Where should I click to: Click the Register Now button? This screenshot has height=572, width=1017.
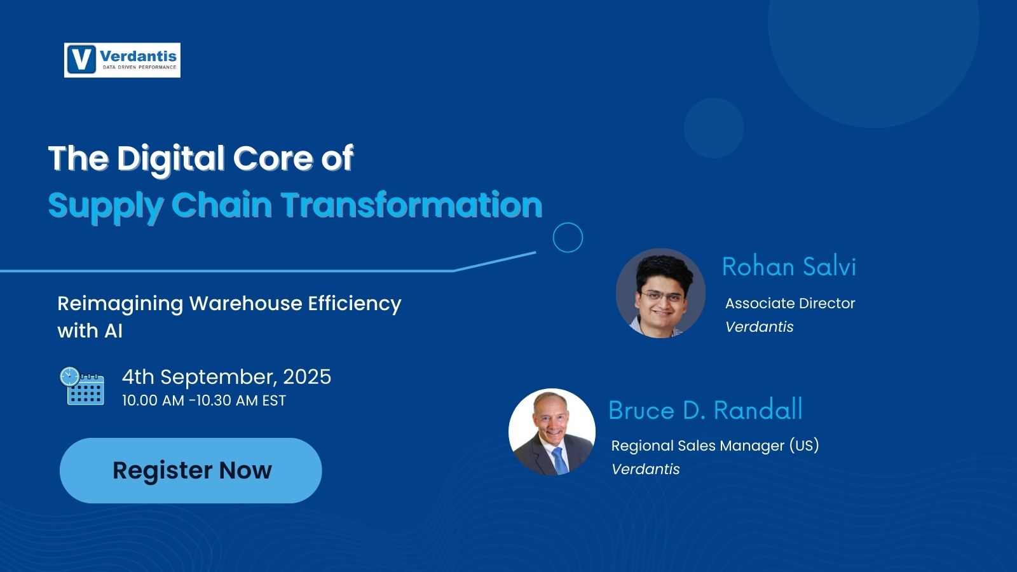tap(191, 470)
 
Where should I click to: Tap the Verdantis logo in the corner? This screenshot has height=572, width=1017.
tap(122, 60)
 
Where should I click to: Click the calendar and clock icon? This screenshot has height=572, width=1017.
tap(82, 386)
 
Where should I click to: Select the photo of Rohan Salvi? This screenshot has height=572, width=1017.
tap(660, 293)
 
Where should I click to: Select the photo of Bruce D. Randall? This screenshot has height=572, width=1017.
tap(552, 432)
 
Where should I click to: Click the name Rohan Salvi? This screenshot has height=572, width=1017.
tap(789, 266)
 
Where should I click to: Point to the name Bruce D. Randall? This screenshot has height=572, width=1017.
tap(705, 410)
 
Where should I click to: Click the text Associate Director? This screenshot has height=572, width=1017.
tap(790, 303)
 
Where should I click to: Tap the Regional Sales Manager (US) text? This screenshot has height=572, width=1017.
tap(714, 446)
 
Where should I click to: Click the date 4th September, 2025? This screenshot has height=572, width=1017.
tap(226, 377)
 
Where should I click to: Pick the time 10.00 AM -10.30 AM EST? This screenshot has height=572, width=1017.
tap(204, 400)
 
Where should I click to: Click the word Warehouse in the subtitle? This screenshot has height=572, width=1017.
tap(245, 303)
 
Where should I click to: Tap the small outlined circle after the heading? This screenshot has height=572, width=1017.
tap(568, 238)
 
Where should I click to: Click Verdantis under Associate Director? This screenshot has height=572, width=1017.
tap(759, 327)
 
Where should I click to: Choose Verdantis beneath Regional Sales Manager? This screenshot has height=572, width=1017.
tap(645, 469)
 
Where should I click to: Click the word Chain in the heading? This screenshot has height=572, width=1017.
tap(221, 205)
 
